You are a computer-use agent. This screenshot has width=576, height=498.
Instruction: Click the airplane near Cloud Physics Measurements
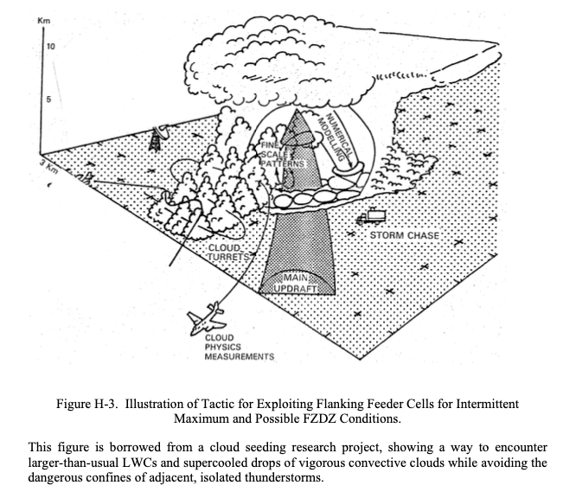[x=205, y=318]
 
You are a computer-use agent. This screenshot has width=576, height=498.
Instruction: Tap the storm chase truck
[x=371, y=216]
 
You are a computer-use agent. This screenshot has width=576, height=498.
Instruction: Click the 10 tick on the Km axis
[x=51, y=47]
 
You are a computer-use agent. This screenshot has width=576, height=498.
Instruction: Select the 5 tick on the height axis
[x=48, y=99]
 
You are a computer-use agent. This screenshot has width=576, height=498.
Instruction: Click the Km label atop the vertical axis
[x=44, y=20]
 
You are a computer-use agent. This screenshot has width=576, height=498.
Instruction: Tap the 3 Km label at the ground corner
[x=48, y=167]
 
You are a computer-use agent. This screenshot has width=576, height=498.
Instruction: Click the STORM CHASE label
[x=404, y=235]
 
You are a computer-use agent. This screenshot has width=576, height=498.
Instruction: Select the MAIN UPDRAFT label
[x=295, y=283]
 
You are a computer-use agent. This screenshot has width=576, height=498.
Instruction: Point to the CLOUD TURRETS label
[x=227, y=252]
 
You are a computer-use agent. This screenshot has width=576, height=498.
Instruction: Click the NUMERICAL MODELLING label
[x=336, y=136]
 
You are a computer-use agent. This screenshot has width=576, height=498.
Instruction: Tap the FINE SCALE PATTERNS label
[x=283, y=154]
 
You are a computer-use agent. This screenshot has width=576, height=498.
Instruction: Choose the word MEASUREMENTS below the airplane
[x=240, y=356]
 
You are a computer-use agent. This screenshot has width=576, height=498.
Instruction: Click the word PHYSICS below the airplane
[x=222, y=347]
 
